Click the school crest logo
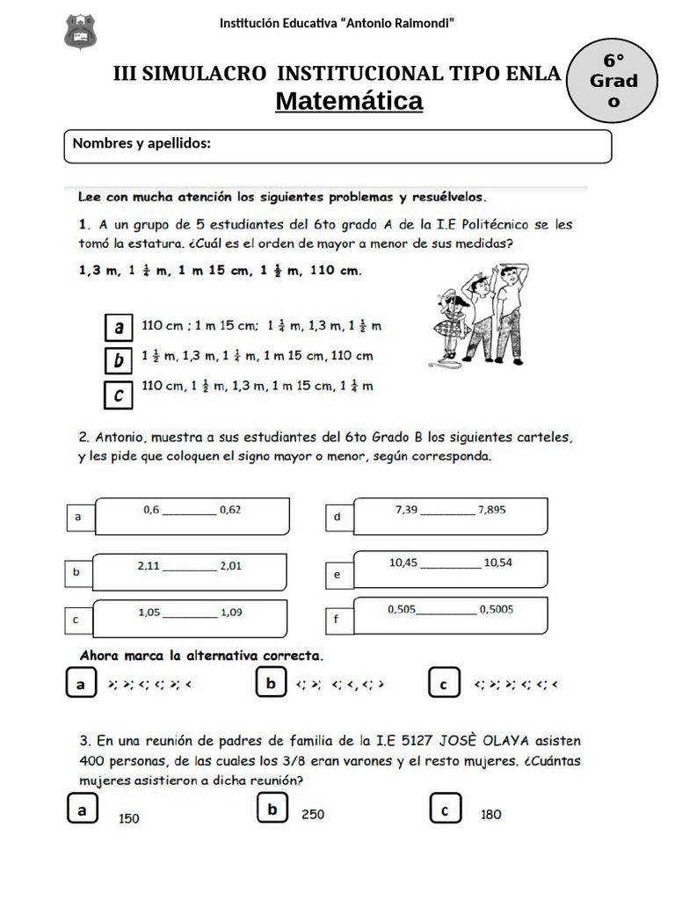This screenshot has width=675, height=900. tap(81, 32)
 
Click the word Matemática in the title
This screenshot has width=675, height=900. tap(349, 102)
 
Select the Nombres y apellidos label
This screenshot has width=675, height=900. tap(142, 143)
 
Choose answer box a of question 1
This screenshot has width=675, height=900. tap(119, 328)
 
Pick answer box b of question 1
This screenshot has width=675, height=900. tap(119, 360)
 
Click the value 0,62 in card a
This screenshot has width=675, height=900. tap(230, 510)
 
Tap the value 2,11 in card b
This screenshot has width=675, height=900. tap(149, 566)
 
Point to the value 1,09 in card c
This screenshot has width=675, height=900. tap(231, 613)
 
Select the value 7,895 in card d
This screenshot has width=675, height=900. tap(491, 510)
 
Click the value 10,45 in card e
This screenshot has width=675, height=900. tap(403, 562)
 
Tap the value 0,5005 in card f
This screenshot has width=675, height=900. tap(497, 608)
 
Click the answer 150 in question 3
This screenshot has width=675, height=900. tap(129, 818)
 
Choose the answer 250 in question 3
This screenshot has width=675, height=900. tap(313, 815)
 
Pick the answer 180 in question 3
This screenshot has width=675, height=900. tap(491, 815)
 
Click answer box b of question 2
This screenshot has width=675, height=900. tap(272, 683)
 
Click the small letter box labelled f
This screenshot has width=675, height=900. tap(337, 621)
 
